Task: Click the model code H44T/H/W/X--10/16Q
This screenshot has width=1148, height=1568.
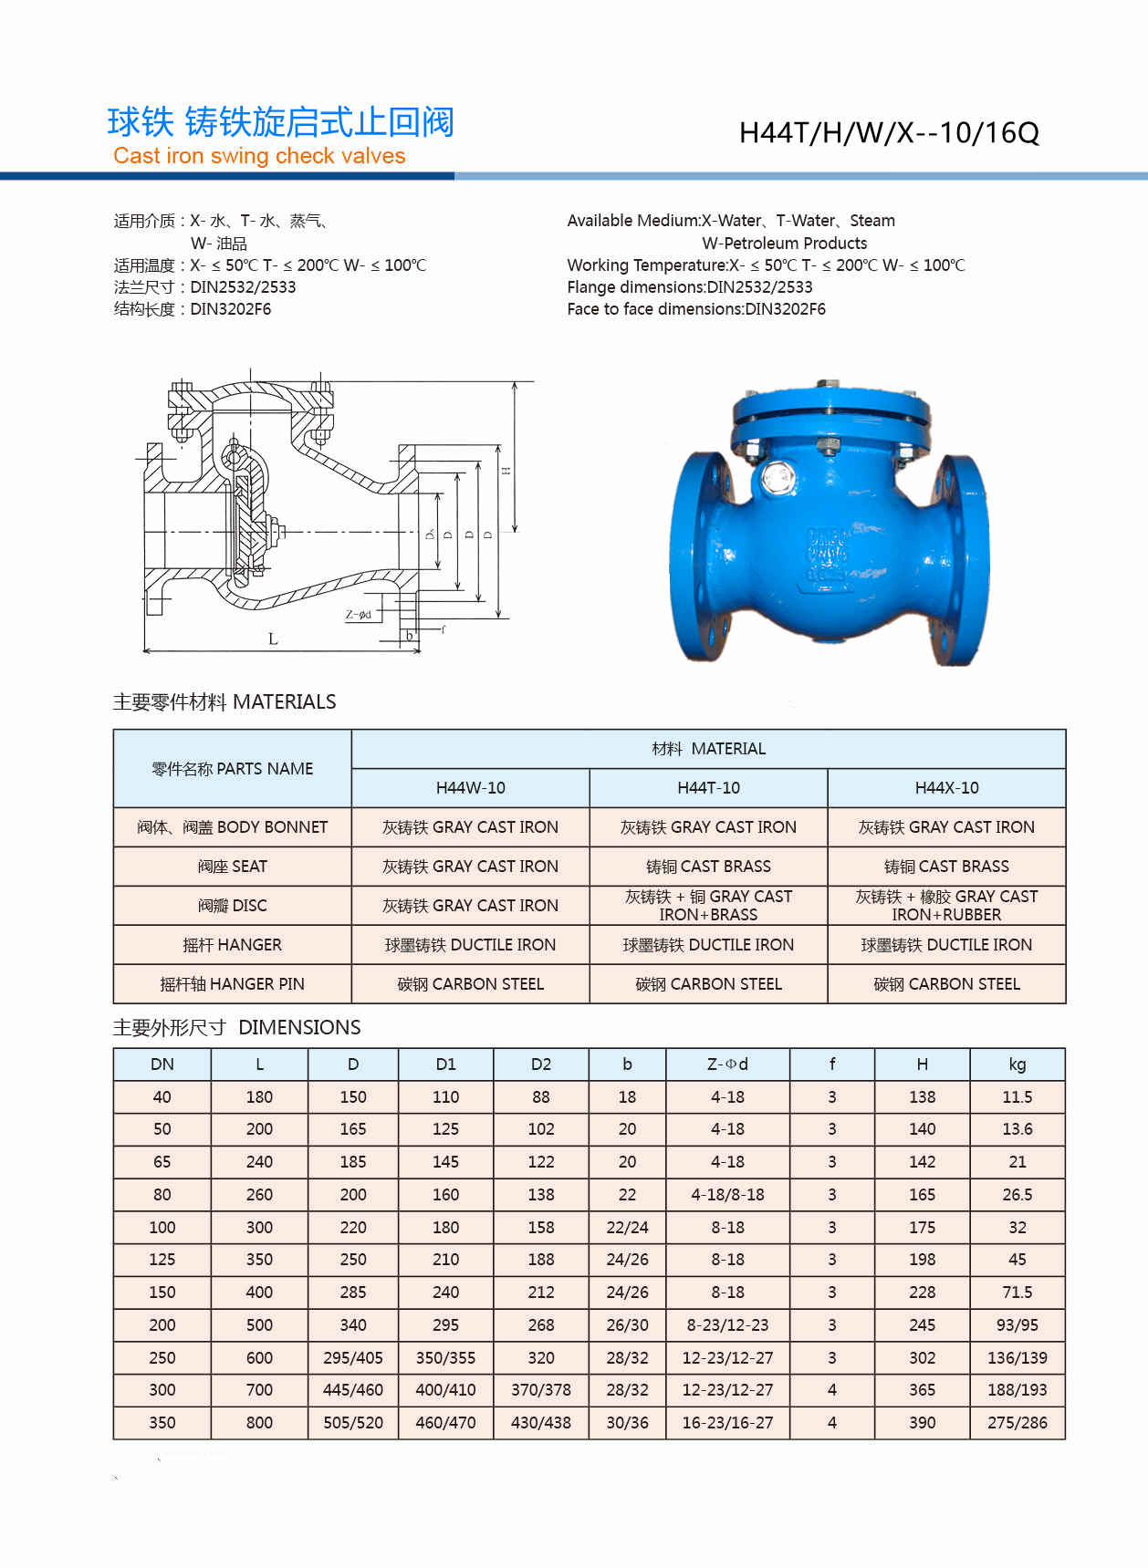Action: coord(888,133)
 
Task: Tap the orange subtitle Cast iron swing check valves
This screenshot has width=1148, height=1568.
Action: coord(259,156)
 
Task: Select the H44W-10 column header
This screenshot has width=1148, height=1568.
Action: coord(470,788)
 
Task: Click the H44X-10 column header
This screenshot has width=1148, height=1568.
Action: coord(946,788)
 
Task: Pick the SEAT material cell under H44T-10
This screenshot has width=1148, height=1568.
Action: coord(708,867)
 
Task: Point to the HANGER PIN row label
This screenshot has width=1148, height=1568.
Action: coord(232,984)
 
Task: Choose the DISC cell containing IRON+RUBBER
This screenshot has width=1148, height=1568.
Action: coord(946,906)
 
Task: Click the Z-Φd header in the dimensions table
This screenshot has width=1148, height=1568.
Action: coord(727,1064)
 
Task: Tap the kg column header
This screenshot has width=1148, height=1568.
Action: coord(1017,1064)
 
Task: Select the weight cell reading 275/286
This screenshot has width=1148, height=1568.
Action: coord(1017,1423)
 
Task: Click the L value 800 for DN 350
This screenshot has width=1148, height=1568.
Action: coord(259,1423)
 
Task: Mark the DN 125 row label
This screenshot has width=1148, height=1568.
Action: coord(162,1260)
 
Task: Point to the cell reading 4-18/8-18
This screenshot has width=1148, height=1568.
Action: coord(727,1195)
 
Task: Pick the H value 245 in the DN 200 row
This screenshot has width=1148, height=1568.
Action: coord(922,1325)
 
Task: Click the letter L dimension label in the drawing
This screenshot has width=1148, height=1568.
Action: coord(273,639)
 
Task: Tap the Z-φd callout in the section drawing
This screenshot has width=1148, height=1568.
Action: coord(358,615)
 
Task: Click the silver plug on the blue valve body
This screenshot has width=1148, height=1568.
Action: coord(777,477)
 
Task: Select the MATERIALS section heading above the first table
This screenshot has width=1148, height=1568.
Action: coord(224,702)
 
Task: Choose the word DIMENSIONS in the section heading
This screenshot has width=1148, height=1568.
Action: coord(299,1028)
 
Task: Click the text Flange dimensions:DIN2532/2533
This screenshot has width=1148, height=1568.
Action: coord(689,287)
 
